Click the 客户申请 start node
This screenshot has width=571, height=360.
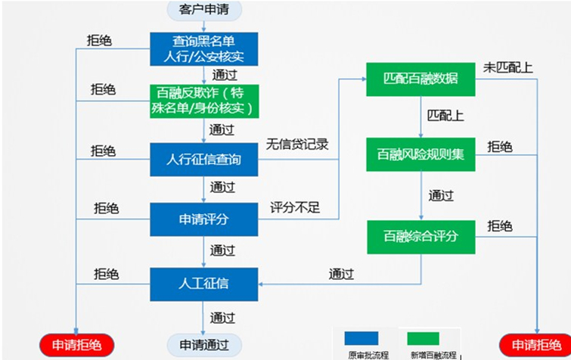tap(204, 10)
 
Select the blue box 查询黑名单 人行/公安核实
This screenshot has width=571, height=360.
tap(204, 49)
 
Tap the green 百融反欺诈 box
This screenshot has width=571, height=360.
tap(204, 101)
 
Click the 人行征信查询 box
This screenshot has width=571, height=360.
tap(204, 160)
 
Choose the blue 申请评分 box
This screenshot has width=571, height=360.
tap(204, 219)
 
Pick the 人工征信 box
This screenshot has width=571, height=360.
tap(204, 284)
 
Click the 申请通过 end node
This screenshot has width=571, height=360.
tap(204, 345)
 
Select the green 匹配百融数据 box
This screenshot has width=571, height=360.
tap(420, 79)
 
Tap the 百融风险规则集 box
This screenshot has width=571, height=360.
tap(420, 154)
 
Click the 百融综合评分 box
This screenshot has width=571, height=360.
tap(421, 237)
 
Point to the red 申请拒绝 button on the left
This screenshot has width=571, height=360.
tap(76, 345)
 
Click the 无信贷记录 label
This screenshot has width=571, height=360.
tap(297, 144)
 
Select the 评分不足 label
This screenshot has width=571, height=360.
tap(295, 208)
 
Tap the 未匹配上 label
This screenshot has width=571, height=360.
tap(508, 67)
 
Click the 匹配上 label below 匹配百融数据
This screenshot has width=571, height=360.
tap(445, 116)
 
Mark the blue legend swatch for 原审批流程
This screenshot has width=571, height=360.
tap(362, 338)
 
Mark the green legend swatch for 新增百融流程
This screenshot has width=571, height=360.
tap(424, 338)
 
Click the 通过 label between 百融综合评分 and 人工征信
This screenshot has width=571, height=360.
tap(341, 274)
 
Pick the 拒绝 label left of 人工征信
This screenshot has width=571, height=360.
tap(107, 274)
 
